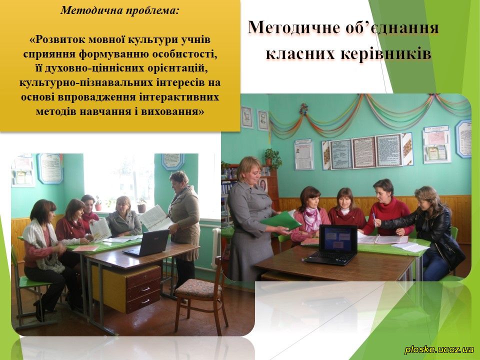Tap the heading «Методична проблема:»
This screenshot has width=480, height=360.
[119, 10]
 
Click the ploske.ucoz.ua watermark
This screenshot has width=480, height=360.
[439, 349]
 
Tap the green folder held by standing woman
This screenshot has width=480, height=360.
[280, 221]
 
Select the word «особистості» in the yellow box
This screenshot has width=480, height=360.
[184, 54]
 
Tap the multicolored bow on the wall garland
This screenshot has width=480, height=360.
[303, 109]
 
